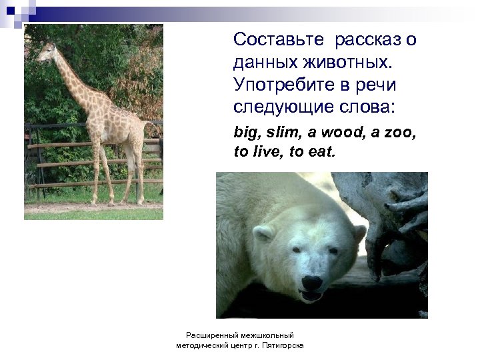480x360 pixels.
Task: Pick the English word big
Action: pyautogui.click(x=245, y=133)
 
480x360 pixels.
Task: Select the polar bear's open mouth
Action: pyautogui.click(x=311, y=295)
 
